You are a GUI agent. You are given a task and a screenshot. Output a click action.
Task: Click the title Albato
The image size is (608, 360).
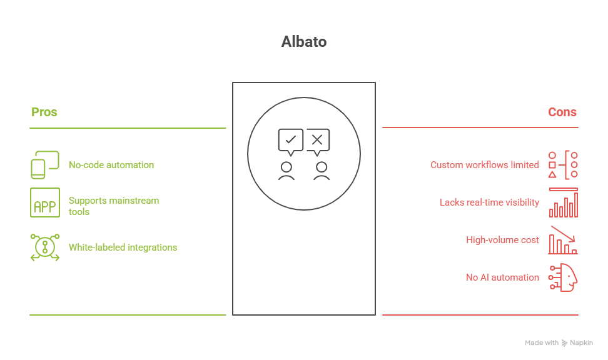[303, 42]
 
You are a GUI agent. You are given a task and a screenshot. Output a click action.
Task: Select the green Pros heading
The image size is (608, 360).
[44, 112]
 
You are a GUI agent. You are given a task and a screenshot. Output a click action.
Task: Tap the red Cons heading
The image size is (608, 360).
[562, 112]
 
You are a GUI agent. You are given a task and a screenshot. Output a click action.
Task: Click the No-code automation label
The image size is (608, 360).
[111, 165]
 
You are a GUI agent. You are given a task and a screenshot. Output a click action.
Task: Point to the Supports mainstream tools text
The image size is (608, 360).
[113, 206]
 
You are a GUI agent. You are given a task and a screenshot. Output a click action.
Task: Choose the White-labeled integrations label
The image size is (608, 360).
[123, 247]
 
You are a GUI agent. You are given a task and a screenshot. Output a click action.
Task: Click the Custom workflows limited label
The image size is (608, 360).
[484, 165]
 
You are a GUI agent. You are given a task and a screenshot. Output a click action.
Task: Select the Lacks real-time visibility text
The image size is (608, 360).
[489, 202]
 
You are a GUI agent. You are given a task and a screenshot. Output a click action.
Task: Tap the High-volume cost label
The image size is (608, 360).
[502, 240]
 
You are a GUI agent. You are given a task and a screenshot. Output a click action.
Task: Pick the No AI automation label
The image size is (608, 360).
[502, 277]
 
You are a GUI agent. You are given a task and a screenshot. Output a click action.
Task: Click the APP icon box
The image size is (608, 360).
[45, 202]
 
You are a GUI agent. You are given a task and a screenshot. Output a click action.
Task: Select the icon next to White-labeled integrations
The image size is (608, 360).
[45, 247]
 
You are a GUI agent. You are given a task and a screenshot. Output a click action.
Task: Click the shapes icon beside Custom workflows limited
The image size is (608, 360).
[563, 165]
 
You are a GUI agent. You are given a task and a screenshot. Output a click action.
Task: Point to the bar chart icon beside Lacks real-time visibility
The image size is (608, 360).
[563, 202]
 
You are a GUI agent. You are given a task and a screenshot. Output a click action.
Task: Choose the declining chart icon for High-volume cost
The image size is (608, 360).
[563, 240]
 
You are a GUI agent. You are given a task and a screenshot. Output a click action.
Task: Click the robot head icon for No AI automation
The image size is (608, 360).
[563, 277]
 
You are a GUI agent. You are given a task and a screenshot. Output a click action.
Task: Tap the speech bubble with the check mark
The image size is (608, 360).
[290, 141]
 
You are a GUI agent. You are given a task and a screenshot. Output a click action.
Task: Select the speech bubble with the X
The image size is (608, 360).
[317, 141]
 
